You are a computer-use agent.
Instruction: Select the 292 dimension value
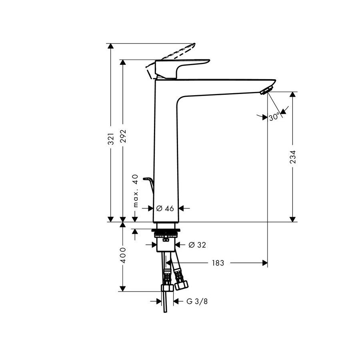[x=123, y=138]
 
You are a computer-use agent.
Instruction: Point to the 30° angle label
[x=274, y=117]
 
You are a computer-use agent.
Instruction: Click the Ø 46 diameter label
[x=165, y=208]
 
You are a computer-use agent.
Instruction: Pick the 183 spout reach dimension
[x=218, y=263]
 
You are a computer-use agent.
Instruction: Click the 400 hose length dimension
[x=123, y=255]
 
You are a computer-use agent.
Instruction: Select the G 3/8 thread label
[x=197, y=301]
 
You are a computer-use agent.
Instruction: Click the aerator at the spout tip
[x=265, y=90]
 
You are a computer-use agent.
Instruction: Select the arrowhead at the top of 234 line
[x=293, y=95]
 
